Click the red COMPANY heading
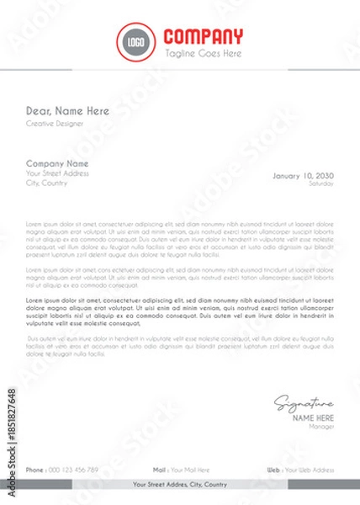point(203,36)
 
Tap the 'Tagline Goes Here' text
point(203,53)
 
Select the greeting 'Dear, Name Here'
point(67,110)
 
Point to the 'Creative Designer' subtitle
point(55,124)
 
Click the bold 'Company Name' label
point(57,163)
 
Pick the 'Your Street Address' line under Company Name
point(57,173)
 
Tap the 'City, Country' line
point(45,183)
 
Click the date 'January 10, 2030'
point(303,175)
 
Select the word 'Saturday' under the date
point(321,183)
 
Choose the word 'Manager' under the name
point(321,427)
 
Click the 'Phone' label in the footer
point(34,469)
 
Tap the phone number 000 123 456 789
point(74,469)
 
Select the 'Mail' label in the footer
point(159,469)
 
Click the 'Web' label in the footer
point(273,469)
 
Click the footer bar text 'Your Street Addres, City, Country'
point(180,485)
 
